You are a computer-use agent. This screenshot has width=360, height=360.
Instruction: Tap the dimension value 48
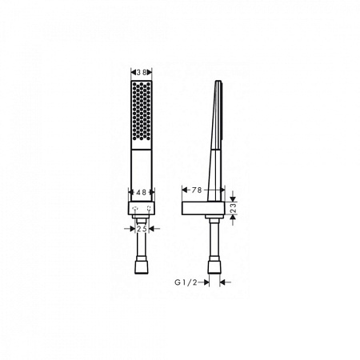coord(141,192)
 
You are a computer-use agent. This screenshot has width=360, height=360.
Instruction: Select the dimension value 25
coord(142,229)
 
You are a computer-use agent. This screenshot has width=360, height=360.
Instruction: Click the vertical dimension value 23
coord(233,208)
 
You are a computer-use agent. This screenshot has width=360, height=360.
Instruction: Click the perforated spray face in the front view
coord(142,112)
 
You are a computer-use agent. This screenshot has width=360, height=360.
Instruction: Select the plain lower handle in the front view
coord(142,172)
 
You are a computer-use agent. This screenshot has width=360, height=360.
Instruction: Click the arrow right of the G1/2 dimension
coord(225,282)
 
